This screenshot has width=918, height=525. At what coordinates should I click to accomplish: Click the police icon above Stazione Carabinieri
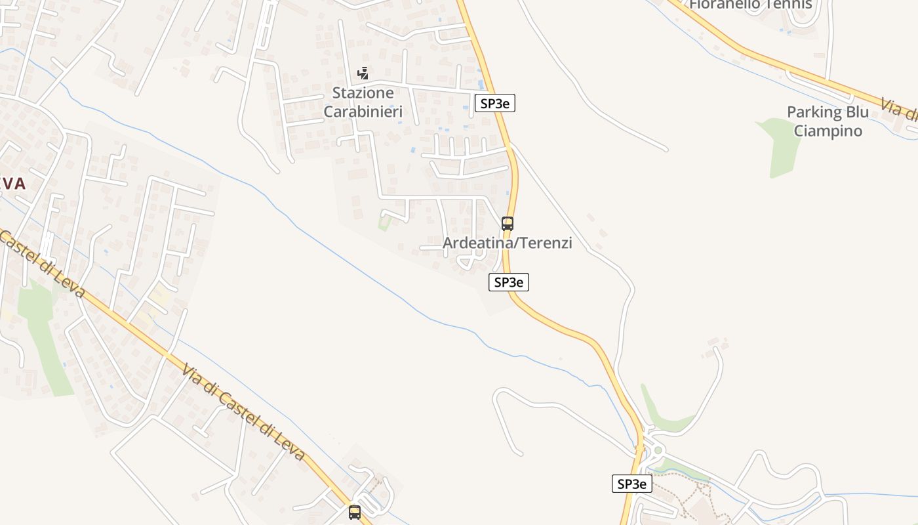tap(363, 73)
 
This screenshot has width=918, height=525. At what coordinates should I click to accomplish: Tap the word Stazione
tap(363, 93)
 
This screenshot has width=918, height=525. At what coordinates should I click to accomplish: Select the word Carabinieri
tap(363, 111)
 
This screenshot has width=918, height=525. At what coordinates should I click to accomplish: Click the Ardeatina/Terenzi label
tap(508, 243)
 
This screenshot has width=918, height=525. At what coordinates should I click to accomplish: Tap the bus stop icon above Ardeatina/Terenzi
tap(508, 223)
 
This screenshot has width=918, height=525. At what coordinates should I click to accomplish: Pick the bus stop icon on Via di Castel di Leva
tap(355, 512)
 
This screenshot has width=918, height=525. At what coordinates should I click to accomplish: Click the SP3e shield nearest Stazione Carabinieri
tap(495, 103)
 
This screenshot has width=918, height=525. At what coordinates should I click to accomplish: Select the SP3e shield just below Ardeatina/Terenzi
tap(509, 282)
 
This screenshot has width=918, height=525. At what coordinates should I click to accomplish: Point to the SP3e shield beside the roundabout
tap(632, 484)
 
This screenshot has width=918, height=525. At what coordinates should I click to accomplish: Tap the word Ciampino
tap(828, 131)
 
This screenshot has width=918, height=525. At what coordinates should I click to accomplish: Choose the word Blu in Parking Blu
tap(857, 112)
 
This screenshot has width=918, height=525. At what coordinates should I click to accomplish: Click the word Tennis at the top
tap(780, 5)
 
